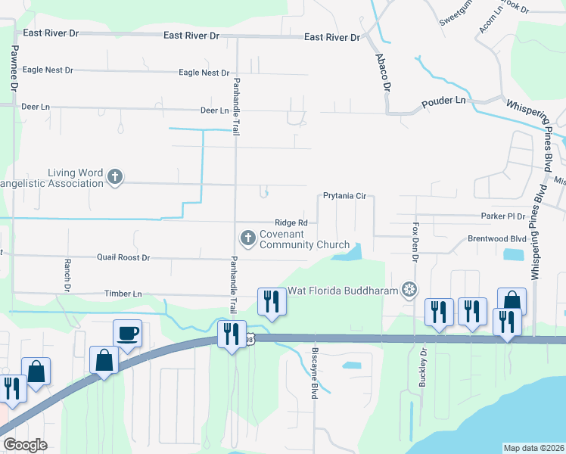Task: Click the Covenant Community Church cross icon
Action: click(247, 238)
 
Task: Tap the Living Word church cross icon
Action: click(114, 177)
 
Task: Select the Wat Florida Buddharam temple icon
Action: click(409, 288)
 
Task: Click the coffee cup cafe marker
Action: click(127, 333)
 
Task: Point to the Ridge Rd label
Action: click(291, 222)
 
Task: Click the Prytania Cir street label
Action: click(344, 196)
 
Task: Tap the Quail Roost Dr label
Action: click(123, 257)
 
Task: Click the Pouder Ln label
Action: click(443, 101)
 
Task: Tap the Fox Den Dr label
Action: click(415, 241)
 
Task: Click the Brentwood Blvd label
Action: click(496, 238)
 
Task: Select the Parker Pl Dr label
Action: click(503, 216)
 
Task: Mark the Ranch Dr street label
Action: click(67, 276)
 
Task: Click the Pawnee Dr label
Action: click(14, 68)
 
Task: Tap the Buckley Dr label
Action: click(424, 368)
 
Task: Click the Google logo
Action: click(25, 445)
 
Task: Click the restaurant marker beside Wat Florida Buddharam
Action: click(270, 301)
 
